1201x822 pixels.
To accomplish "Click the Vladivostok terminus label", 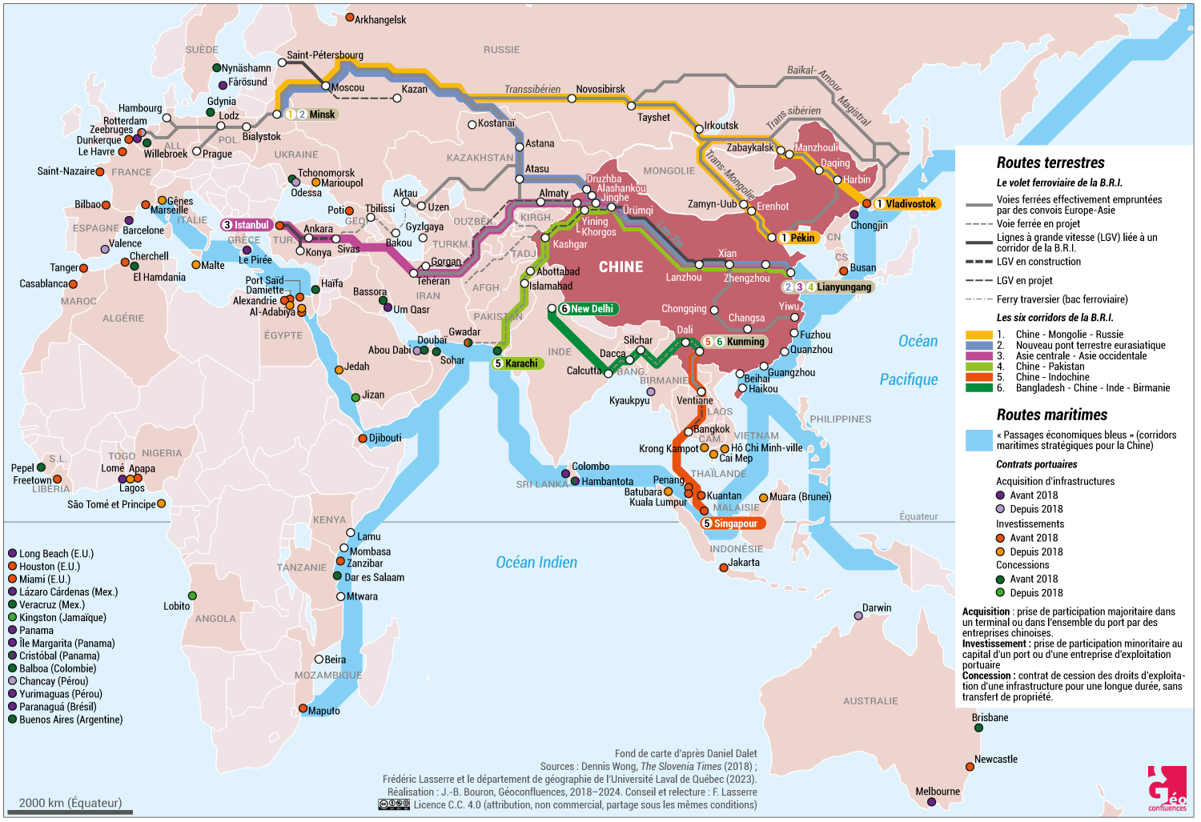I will coord(906,204).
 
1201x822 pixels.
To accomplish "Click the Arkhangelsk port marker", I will coord(350,18).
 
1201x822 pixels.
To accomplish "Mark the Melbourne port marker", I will coord(931,802).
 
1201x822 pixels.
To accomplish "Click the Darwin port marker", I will coord(858,615).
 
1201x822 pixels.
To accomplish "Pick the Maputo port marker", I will coord(303,708).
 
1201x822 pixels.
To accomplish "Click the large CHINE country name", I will coord(621,267).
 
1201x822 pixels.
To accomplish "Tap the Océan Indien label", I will coord(536,563).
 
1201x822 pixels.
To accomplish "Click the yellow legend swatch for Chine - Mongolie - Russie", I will coord(978,335).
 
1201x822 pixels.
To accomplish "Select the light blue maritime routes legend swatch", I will coord(978,440).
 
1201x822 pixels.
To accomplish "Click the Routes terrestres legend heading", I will coord(1050,163).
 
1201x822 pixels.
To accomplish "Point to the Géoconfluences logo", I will coord(1167,789).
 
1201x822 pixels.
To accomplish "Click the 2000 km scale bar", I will coord(70,813).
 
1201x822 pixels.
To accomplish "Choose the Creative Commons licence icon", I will coord(393,805).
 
